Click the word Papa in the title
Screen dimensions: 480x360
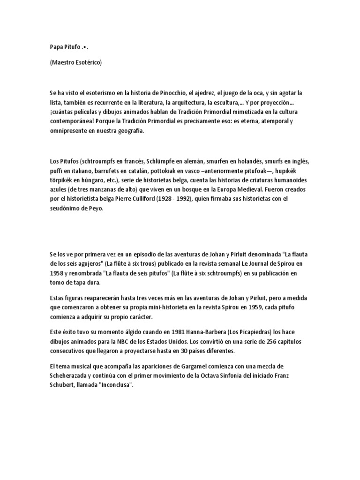click(56, 48)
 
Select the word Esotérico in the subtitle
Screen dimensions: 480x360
click(86, 62)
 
